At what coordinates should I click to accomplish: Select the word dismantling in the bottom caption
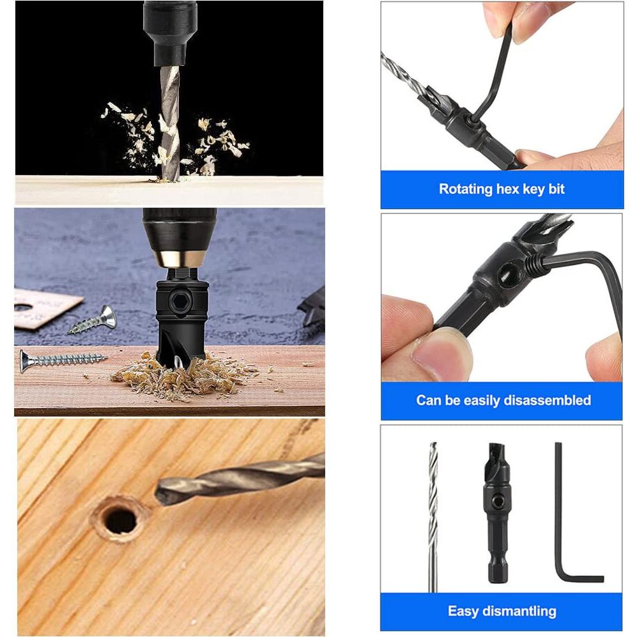coord(519,611)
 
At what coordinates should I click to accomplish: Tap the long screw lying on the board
coord(61,359)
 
